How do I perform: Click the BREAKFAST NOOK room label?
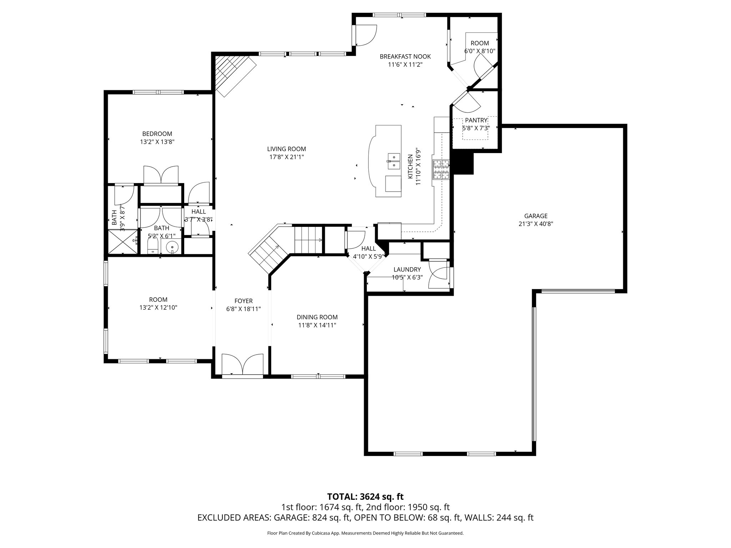click(405, 56)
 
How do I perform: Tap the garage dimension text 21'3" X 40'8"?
click(536, 224)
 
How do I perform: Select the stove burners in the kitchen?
click(441, 169)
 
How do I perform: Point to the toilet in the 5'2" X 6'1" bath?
click(153, 246)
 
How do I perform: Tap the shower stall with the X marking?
click(122, 242)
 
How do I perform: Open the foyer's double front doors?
click(242, 365)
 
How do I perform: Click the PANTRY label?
click(476, 121)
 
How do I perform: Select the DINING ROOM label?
click(317, 317)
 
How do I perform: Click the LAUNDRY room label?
click(407, 270)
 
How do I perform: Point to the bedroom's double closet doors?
click(161, 174)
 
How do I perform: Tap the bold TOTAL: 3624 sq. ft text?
click(365, 497)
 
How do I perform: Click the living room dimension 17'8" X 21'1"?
click(286, 157)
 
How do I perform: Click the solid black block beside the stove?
click(463, 163)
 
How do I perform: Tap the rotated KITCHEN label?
click(410, 166)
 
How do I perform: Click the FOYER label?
click(243, 301)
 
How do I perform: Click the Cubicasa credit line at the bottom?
click(365, 533)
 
